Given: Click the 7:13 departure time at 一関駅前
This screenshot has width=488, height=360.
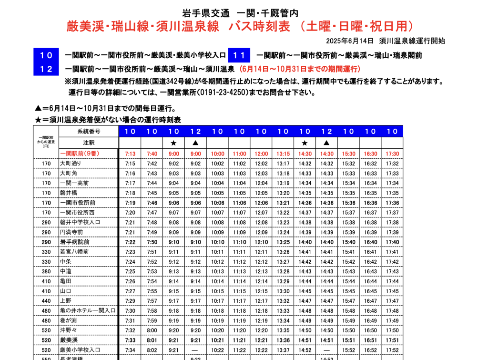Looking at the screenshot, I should pyautogui.click(x=130, y=154).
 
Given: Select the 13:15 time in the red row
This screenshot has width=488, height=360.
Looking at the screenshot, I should pyautogui.click(x=283, y=154).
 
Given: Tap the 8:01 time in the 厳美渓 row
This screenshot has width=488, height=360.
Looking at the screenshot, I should pyautogui.click(x=152, y=340).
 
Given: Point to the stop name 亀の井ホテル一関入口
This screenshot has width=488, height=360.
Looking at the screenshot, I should pyautogui.click(x=88, y=311).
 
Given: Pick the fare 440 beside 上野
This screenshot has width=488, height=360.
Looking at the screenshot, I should pyautogui.click(x=46, y=301).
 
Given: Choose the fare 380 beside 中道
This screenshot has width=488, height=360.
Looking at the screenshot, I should pyautogui.click(x=46, y=271).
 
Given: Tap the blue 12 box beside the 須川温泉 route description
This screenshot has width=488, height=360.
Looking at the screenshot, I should pyautogui.click(x=46, y=69).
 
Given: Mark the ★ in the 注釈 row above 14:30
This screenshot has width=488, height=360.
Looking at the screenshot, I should pyautogui.click(x=305, y=143).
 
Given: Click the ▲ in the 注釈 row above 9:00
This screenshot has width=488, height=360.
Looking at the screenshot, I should pyautogui.click(x=196, y=143).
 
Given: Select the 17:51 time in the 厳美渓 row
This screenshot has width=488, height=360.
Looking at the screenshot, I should pyautogui.click(x=392, y=340).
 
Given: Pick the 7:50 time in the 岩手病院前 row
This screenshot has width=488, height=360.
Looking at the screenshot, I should pyautogui.click(x=152, y=242).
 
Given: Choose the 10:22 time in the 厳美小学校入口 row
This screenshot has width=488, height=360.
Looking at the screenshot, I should pyautogui.click(x=217, y=350).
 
